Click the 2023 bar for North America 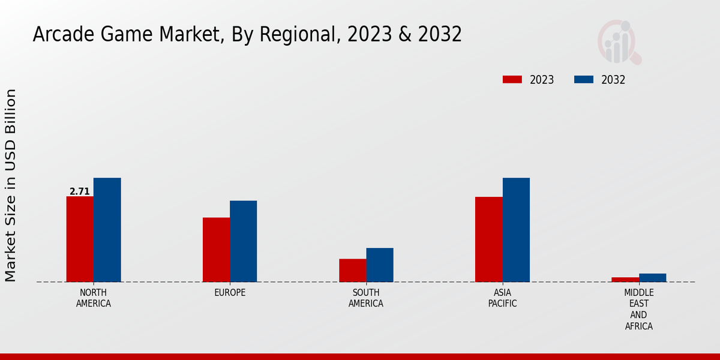(80, 239)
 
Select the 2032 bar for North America (107, 230)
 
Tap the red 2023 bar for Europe (216, 250)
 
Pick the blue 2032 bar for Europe (243, 241)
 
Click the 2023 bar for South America (352, 270)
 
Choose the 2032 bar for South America (380, 265)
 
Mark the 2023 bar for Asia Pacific (488, 239)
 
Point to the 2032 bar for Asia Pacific (516, 230)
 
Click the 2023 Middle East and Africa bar (625, 280)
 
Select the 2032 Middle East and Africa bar (652, 278)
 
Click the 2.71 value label (79, 192)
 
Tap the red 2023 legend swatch (512, 80)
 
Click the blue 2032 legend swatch (584, 80)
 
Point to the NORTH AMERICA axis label (94, 298)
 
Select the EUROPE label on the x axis (230, 293)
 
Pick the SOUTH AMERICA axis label (366, 298)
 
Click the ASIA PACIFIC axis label (502, 298)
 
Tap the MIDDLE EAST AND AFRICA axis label (638, 310)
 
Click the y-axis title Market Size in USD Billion (11, 185)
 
